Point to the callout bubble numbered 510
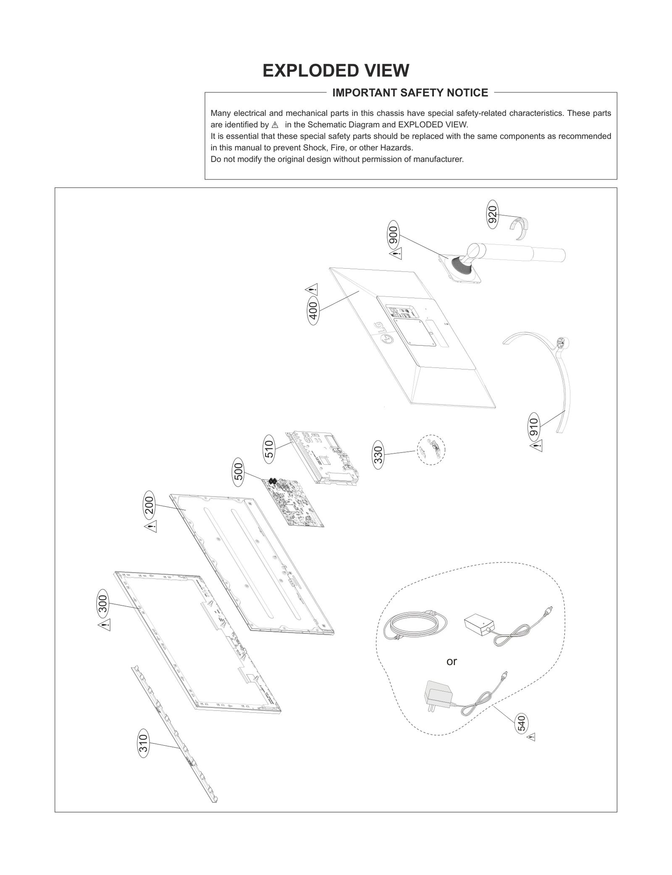[269, 449]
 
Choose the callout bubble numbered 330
[378, 455]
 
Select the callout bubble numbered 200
[149, 505]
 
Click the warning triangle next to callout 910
[536, 446]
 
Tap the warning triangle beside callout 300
[105, 625]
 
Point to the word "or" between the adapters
[451, 662]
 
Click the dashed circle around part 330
[431, 450]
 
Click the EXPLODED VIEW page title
[336, 71]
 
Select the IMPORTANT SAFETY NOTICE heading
[410, 93]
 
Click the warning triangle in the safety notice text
[275, 125]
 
